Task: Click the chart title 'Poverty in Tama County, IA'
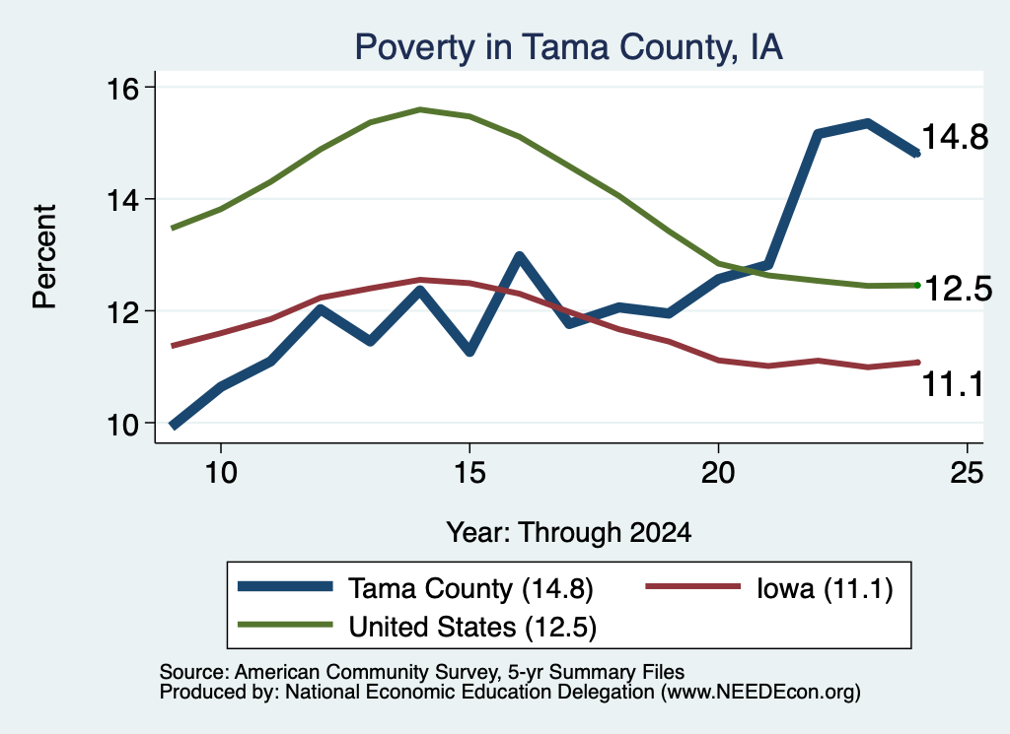click(x=569, y=47)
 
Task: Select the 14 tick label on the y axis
click(x=122, y=201)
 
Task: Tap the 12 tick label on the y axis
click(x=122, y=312)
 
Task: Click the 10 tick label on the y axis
click(x=122, y=425)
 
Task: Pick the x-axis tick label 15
click(x=469, y=473)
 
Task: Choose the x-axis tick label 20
click(x=718, y=473)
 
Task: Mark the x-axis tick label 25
click(x=967, y=473)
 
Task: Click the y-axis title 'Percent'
click(x=45, y=256)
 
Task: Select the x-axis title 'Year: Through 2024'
click(x=569, y=533)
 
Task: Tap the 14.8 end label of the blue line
click(x=955, y=137)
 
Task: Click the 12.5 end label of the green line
click(x=959, y=289)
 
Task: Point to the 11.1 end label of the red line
click(x=953, y=384)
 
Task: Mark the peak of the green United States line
click(x=420, y=109)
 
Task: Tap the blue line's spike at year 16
click(x=519, y=257)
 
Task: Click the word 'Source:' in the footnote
click(x=194, y=672)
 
